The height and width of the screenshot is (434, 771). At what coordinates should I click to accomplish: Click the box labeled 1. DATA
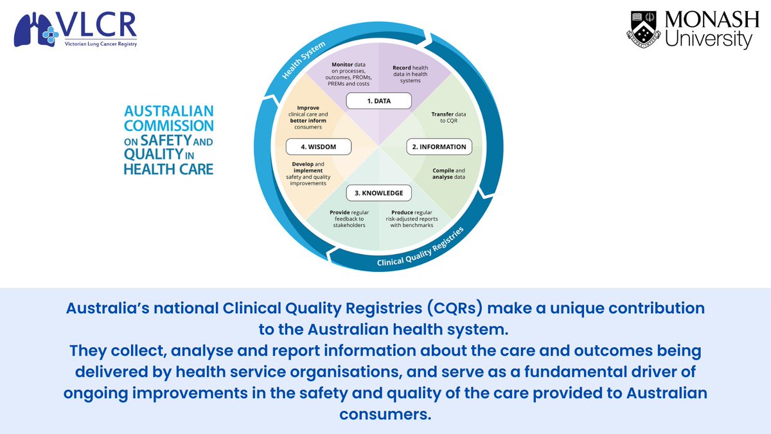click(x=378, y=101)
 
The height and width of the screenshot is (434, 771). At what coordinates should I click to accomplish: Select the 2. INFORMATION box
click(x=439, y=147)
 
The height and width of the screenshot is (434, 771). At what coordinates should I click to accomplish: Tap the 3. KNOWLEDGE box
click(x=378, y=193)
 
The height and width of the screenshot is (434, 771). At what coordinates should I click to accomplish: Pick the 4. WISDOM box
click(x=318, y=147)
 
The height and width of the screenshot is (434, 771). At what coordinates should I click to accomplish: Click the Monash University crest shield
click(x=642, y=30)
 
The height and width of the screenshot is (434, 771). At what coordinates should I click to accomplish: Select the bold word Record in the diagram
click(x=403, y=67)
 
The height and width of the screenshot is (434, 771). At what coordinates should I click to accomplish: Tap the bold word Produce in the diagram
click(x=402, y=212)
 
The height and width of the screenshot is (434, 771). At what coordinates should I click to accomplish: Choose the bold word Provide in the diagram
click(x=341, y=212)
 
